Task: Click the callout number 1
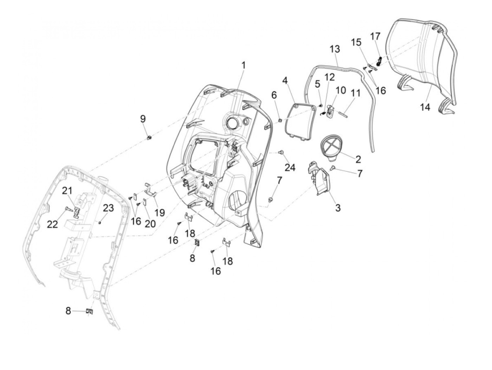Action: pos(243,66)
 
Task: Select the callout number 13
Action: pos(335,49)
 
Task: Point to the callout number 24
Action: pos(290,167)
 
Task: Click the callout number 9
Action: pos(143,119)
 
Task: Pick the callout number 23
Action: pos(108,208)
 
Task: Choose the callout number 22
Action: pos(52,224)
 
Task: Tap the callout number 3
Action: pos(338,208)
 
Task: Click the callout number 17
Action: pos(375,36)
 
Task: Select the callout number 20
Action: pos(150,224)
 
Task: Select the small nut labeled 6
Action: pos(280,121)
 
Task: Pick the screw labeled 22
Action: pos(69,209)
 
